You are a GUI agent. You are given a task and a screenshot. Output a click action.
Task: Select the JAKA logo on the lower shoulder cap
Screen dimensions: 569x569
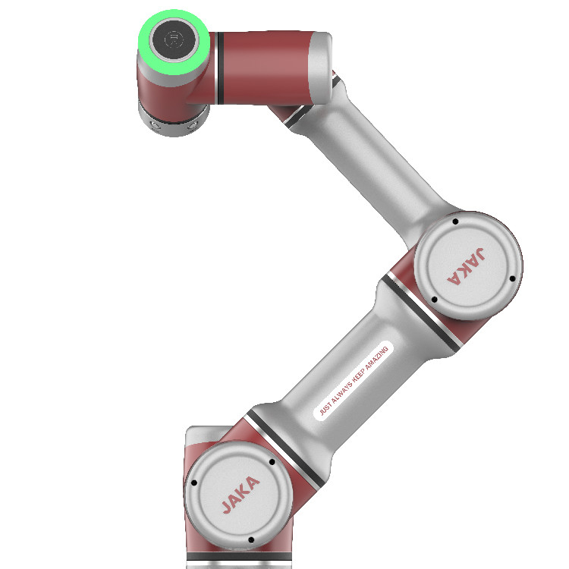tap(240, 493)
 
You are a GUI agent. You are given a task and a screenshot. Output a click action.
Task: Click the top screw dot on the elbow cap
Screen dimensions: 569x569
tap(454, 223)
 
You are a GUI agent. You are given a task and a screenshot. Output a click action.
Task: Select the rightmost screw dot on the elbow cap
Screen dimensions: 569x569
tap(513, 279)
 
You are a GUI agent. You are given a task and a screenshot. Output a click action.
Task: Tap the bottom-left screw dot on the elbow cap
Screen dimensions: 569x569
tap(434, 300)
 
